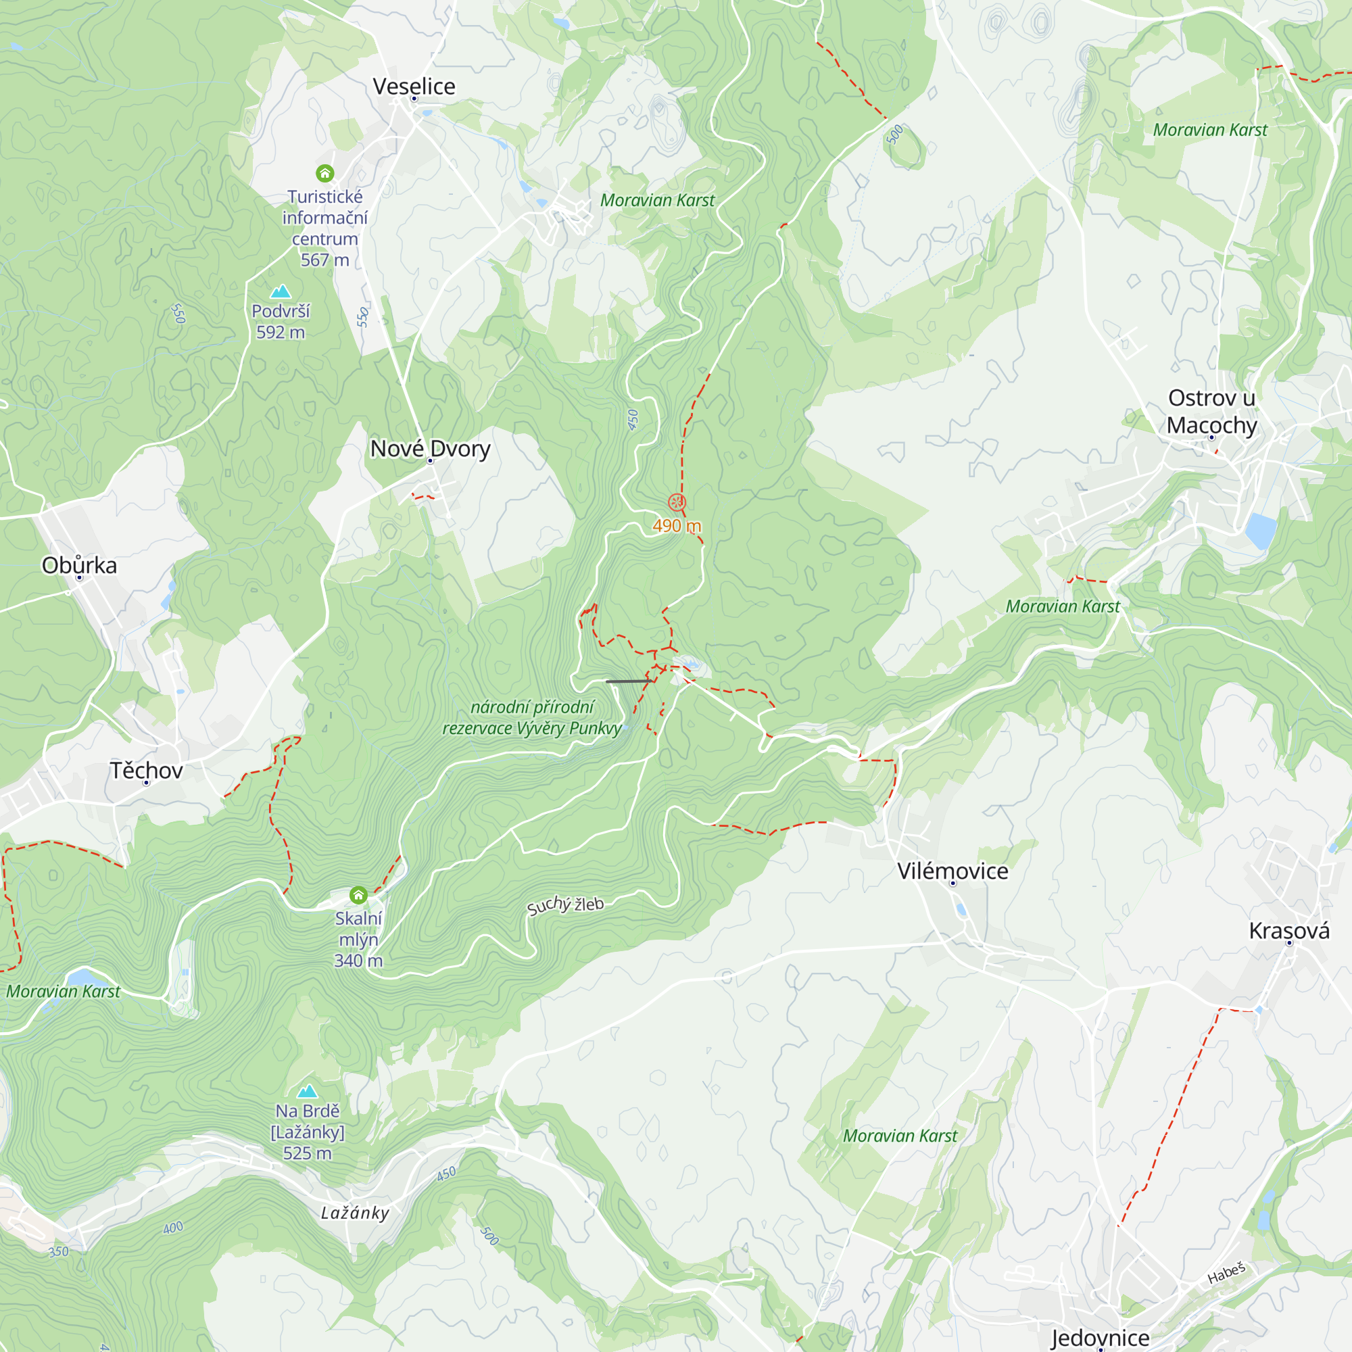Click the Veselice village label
coord(414,86)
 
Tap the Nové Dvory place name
coord(430,448)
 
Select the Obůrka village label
coord(79,564)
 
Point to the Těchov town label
coord(146,770)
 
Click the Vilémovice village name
coord(952,871)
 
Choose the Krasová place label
coord(1289,930)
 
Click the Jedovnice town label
coord(1099,1337)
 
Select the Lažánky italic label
coord(355,1213)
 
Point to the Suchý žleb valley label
coord(564,905)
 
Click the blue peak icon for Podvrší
coord(281,291)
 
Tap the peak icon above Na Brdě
coord(307,1091)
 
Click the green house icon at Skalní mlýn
coord(358,894)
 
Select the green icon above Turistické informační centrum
coord(324,173)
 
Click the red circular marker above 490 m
coord(677,502)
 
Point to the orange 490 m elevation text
coord(676,525)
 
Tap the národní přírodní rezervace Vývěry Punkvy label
coord(532,717)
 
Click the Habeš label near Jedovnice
coord(1226,1274)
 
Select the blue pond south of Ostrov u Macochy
coord(1260,531)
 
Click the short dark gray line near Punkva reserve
coord(629,681)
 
